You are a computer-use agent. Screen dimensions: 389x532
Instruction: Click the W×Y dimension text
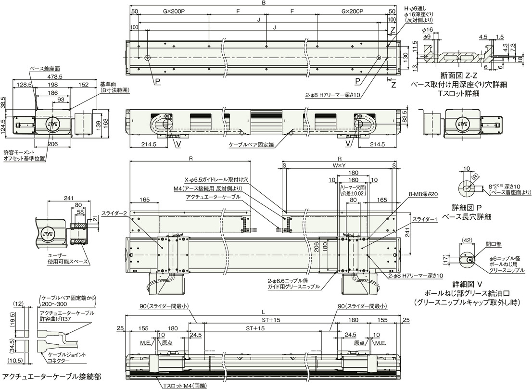point(339,165)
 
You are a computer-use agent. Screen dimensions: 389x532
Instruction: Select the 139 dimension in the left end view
point(99,125)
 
